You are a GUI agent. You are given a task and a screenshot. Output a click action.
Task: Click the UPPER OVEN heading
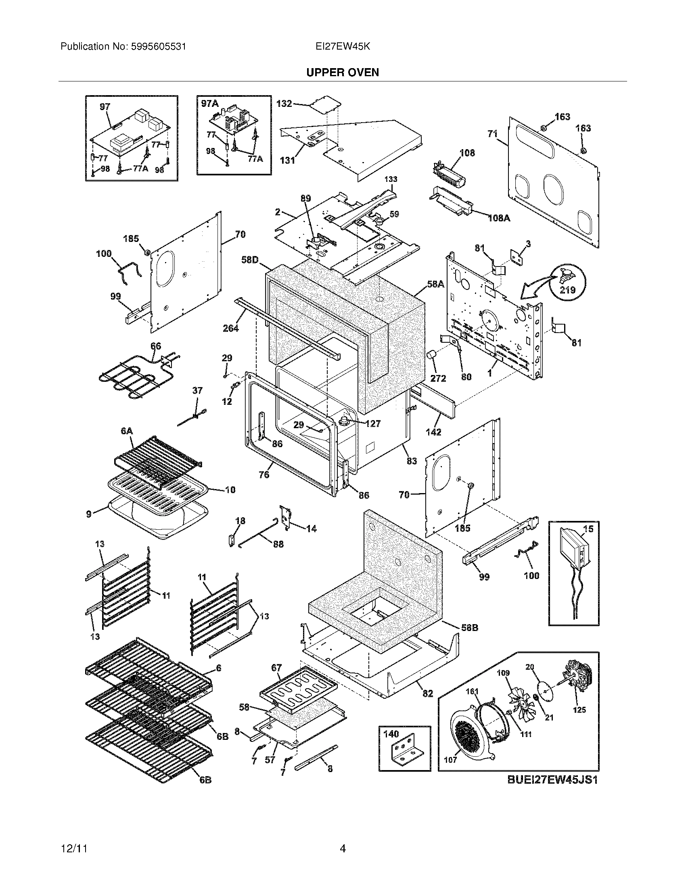click(343, 72)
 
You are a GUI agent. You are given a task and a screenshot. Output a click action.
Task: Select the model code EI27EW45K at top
click(343, 47)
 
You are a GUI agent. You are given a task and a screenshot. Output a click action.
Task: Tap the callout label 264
click(230, 328)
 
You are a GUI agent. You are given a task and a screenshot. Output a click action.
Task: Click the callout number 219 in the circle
click(567, 290)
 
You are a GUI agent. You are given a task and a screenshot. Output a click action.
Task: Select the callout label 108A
click(499, 218)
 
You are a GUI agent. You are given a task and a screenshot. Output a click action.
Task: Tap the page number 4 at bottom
click(343, 848)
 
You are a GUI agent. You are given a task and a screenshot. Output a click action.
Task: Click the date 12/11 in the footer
click(75, 848)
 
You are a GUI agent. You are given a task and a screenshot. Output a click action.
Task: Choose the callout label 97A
click(210, 104)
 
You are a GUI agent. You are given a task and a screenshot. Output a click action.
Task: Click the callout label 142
click(433, 432)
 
